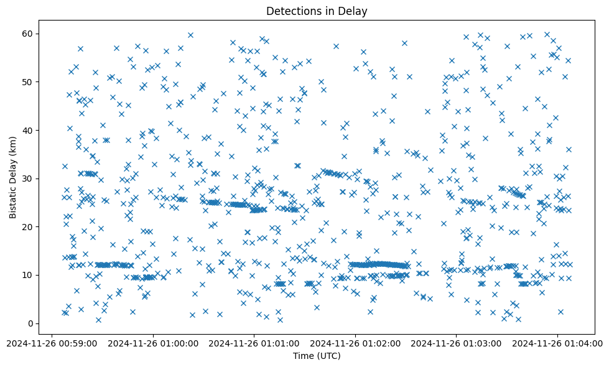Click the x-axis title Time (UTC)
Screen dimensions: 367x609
click(x=317, y=356)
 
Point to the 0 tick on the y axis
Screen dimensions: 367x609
click(x=29, y=323)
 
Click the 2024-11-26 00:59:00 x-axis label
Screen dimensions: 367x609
click(x=52, y=342)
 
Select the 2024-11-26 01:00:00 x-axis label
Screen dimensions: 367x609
click(x=153, y=342)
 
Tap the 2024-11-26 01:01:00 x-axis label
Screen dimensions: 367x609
click(x=254, y=342)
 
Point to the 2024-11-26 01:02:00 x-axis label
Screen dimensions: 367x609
click(x=355, y=342)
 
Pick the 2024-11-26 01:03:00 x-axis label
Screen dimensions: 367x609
click(x=457, y=342)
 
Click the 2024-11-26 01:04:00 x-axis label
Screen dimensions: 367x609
click(x=557, y=342)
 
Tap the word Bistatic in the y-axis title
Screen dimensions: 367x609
click(x=13, y=200)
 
